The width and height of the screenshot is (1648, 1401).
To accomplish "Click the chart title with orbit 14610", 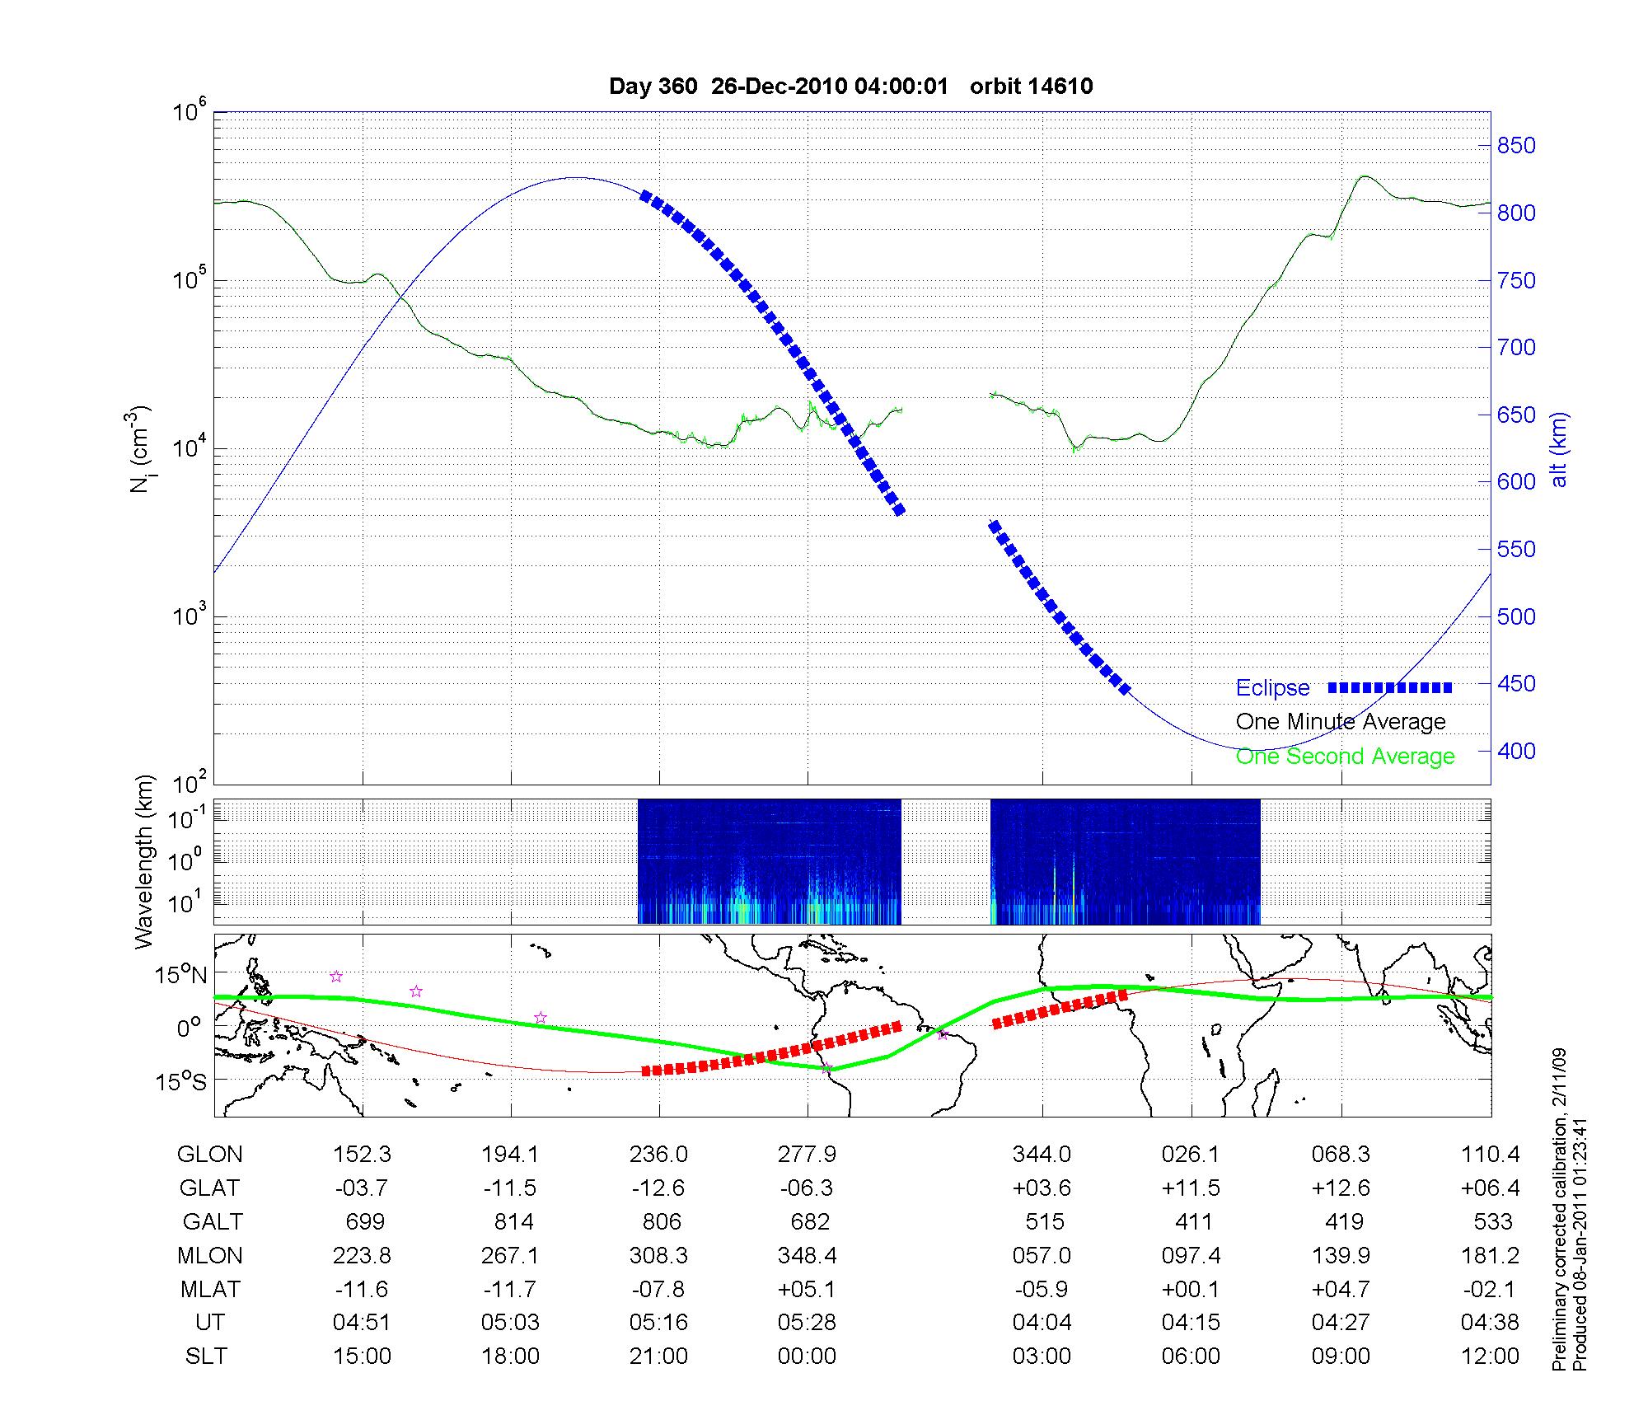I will pos(850,87).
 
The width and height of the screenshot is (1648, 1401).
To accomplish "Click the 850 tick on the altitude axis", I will pos(1516,146).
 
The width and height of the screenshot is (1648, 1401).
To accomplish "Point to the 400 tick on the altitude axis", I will pos(1516,751).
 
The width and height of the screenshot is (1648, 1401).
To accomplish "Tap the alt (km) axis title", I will pos(1558,449).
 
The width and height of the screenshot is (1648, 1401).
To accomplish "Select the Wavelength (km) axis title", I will pos(143,861).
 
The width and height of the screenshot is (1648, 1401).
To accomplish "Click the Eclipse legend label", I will pos(1272,688).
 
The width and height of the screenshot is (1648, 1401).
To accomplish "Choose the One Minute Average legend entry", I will pos(1341,722).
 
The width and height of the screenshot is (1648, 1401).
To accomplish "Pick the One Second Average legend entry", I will pos(1345,757).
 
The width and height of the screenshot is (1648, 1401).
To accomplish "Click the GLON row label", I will pos(209,1154).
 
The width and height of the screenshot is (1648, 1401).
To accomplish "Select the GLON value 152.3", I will pos(362,1154).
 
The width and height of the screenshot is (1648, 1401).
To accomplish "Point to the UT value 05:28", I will pos(807,1322).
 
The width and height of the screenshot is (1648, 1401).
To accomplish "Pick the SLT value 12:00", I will pos(1490,1356).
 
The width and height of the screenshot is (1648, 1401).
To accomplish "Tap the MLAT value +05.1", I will pos(807,1289).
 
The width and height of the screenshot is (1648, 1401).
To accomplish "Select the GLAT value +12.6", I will pos(1341,1188).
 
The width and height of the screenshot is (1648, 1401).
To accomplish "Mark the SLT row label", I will pos(206,1356).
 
